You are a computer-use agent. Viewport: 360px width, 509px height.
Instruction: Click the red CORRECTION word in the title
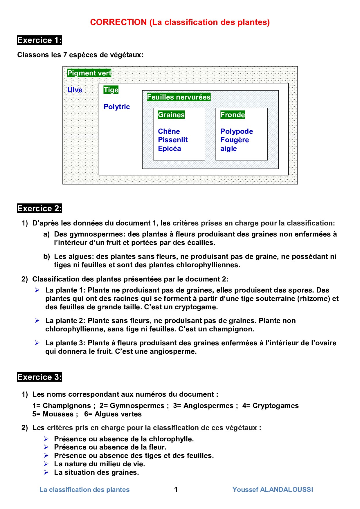click(118, 22)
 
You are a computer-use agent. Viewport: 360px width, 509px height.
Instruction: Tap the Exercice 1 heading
click(39, 40)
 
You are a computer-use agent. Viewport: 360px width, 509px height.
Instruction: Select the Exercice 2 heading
click(39, 209)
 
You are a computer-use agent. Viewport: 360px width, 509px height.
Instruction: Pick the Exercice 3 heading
click(39, 377)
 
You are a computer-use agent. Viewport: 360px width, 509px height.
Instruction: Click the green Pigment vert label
click(89, 73)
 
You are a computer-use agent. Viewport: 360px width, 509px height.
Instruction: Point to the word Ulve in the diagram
click(75, 90)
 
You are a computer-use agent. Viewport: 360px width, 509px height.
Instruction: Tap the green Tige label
click(111, 90)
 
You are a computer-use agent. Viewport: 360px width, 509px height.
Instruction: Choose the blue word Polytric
click(117, 107)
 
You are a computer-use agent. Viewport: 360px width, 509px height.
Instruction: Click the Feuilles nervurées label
click(179, 97)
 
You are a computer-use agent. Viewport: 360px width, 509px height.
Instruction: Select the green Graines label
click(171, 115)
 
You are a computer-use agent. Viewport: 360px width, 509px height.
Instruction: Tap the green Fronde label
click(233, 115)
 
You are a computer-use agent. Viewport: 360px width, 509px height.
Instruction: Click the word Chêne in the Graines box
click(169, 131)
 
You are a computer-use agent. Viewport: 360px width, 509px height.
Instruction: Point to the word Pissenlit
click(173, 140)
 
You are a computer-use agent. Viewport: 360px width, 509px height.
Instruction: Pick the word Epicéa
click(170, 149)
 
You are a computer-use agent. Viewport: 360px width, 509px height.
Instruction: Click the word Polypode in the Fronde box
click(237, 131)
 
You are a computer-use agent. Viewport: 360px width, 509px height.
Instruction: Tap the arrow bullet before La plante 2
click(37, 321)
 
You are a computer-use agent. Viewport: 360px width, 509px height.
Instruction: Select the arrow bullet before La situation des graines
click(46, 472)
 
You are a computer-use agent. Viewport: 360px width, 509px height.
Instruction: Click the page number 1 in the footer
click(176, 490)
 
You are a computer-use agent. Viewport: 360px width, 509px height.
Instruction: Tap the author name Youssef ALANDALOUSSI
click(273, 490)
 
